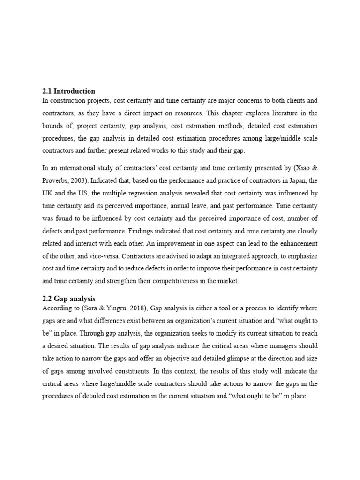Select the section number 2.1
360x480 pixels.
47,91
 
